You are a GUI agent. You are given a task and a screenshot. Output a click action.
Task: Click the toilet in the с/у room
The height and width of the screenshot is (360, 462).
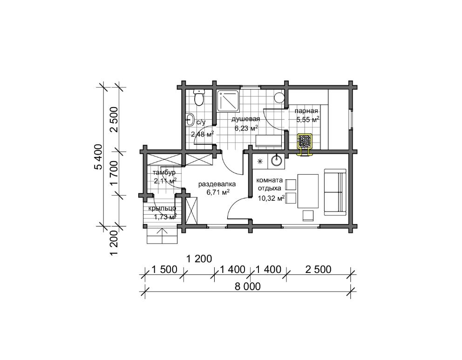[x=199, y=97]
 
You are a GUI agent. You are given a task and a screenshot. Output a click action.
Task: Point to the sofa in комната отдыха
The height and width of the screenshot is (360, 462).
[x=335, y=192]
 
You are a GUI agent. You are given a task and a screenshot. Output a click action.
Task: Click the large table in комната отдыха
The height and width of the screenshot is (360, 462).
[x=308, y=191]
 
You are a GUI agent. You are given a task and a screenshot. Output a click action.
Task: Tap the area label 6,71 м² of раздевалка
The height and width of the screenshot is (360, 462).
[x=218, y=193]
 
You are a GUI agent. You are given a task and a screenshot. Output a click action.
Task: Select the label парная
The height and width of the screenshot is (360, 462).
[x=306, y=111]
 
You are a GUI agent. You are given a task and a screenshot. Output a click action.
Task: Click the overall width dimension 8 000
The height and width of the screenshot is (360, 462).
[x=247, y=286]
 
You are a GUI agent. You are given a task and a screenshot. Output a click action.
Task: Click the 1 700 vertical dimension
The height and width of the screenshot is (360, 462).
[x=114, y=174]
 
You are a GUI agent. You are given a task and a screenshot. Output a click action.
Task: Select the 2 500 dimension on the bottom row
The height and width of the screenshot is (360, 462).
[x=318, y=269]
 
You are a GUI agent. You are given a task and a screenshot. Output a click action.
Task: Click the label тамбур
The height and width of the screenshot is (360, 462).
[x=164, y=173]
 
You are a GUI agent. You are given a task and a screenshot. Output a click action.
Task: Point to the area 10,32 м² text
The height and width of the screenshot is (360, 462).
[x=271, y=198]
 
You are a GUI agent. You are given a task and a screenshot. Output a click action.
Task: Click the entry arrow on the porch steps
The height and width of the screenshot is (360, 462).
[x=162, y=235]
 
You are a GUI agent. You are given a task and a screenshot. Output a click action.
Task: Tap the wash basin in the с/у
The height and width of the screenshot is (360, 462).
[x=190, y=119]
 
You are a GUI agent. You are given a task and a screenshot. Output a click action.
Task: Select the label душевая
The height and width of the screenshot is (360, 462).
[x=246, y=119]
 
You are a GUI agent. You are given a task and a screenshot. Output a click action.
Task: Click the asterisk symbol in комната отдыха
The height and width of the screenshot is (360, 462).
[x=260, y=161]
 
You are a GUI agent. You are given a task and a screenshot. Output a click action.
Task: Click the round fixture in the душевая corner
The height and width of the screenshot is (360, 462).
[x=279, y=97]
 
